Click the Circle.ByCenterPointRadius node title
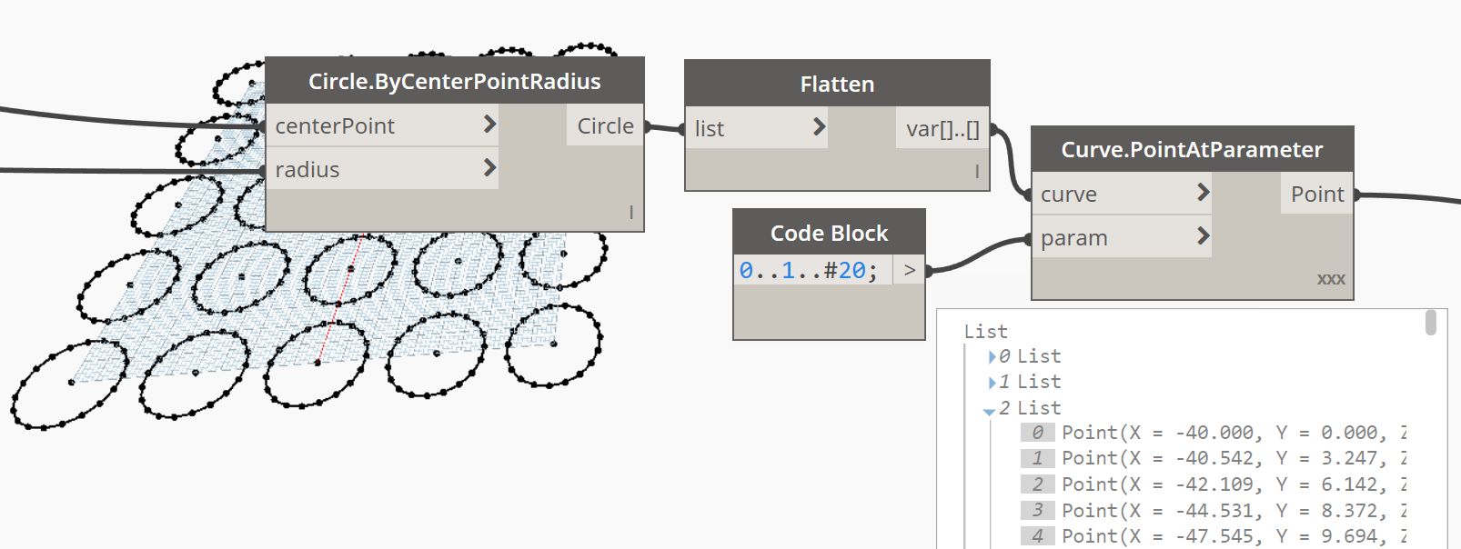point(454,82)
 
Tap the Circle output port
point(605,125)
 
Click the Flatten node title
point(837,85)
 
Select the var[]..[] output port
point(942,128)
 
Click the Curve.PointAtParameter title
point(1192,149)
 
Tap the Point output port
point(1317,194)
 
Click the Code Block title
point(829,233)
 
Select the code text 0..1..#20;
point(808,270)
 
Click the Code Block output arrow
point(909,270)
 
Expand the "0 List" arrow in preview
point(992,356)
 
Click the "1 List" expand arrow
point(992,382)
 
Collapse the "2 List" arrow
point(989,412)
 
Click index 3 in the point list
point(1037,510)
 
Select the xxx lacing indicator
point(1331,279)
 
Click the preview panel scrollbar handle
point(1430,322)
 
